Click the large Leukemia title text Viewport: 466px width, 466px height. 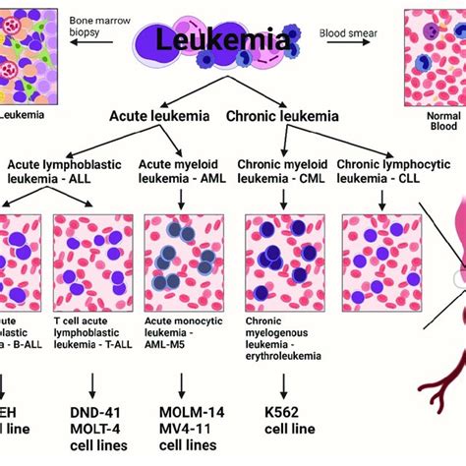point(232,42)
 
